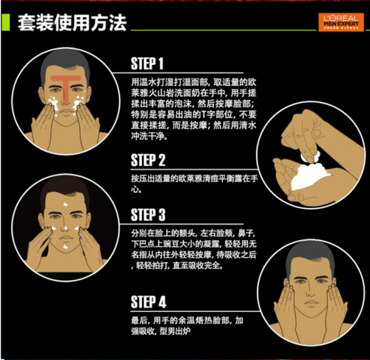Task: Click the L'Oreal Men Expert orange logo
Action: point(341,22)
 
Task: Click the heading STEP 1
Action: point(147,64)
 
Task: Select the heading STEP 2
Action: point(148,160)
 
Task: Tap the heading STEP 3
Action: point(148,215)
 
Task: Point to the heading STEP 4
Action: point(149,301)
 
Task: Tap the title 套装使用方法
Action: point(72,23)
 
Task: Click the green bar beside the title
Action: point(5,22)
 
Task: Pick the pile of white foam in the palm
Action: point(309,176)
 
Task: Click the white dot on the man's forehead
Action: point(66,204)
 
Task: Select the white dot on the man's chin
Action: point(65,247)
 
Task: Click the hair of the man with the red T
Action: point(65,62)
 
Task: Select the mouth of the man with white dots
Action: point(65,238)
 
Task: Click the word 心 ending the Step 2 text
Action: point(135,189)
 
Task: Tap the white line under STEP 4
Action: point(195,311)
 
